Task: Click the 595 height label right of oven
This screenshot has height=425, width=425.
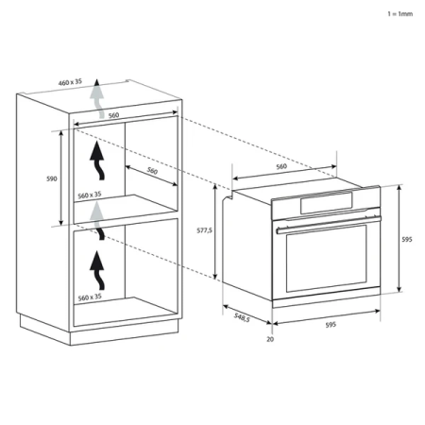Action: [x=407, y=240]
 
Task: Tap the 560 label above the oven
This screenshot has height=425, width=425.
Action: [x=280, y=166]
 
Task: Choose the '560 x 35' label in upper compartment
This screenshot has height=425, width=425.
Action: [x=89, y=195]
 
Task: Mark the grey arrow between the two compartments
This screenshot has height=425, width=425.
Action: [x=95, y=219]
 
